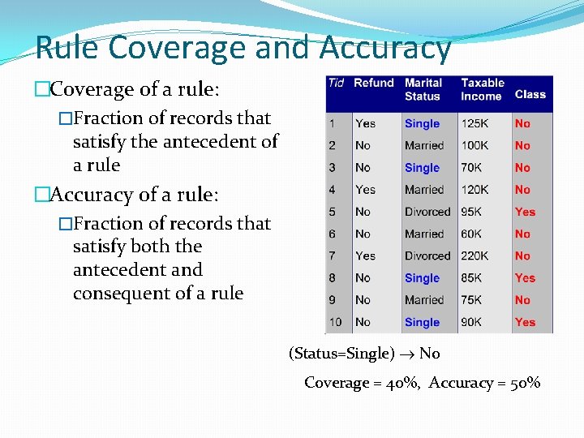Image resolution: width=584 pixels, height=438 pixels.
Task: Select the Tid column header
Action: (335, 83)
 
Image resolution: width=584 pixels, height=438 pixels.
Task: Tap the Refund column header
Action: (374, 83)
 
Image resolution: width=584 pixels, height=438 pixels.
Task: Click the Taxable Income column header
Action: (482, 89)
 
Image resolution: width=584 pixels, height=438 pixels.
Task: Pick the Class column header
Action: (530, 94)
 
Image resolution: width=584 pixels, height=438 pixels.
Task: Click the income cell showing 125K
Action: (475, 123)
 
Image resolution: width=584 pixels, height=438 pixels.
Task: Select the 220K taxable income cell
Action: (475, 255)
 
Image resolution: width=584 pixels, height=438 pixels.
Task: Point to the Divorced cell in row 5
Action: (427, 212)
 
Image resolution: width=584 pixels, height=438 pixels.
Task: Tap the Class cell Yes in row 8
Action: (525, 277)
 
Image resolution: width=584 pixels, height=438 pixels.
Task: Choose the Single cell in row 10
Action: (422, 322)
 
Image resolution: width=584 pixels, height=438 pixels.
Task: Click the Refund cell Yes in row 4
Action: (365, 189)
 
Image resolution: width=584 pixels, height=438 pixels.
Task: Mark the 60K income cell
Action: (472, 234)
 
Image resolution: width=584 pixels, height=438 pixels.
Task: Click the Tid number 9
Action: (333, 299)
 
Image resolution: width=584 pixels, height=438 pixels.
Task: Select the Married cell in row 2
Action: (424, 145)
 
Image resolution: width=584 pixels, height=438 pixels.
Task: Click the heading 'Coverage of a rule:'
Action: (134, 89)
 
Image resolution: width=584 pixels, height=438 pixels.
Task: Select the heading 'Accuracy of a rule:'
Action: (133, 195)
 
